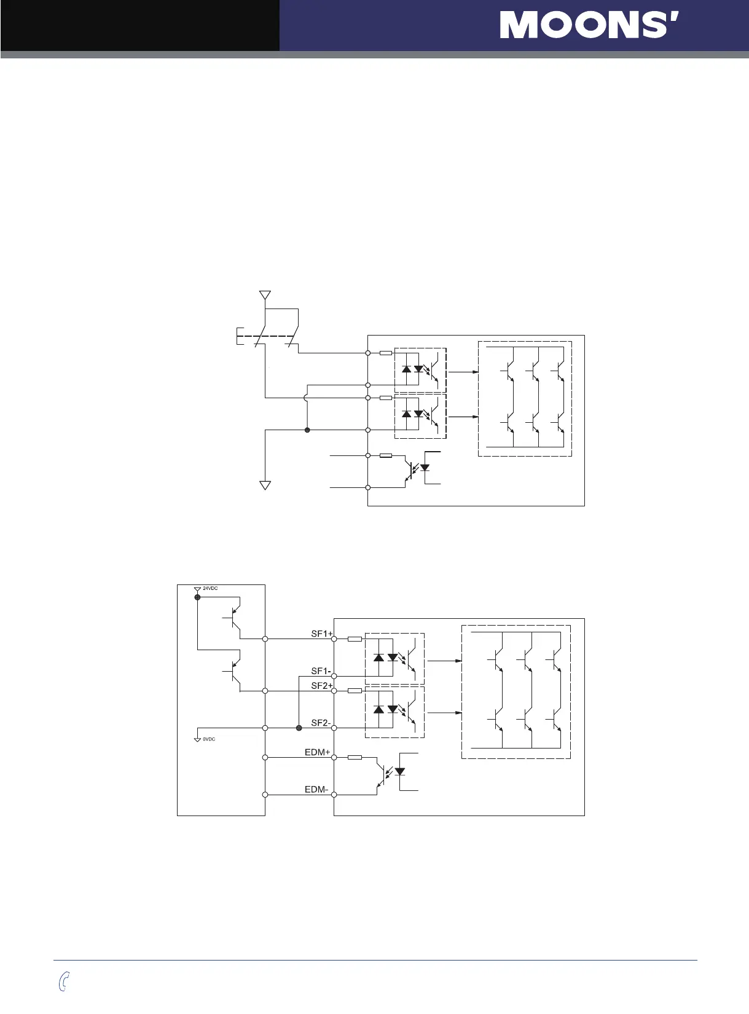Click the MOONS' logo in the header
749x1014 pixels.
coord(589,25)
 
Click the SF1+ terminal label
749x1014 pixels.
coord(321,634)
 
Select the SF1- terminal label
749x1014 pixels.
coord(321,671)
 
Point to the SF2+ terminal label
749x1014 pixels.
coord(321,686)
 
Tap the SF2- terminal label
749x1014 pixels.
coord(321,723)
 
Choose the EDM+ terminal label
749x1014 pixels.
coord(318,752)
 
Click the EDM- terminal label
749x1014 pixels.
coord(316,790)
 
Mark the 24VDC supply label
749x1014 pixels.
coord(210,589)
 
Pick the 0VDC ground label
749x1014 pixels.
coord(209,739)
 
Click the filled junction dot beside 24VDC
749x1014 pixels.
coord(197,597)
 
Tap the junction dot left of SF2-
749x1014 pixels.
coord(299,728)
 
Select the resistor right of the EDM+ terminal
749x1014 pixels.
coord(355,758)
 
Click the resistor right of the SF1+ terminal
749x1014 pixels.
coord(355,639)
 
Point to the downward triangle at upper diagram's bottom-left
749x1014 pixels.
coord(265,485)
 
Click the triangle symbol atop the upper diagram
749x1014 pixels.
coord(265,296)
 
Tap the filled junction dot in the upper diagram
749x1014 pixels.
coord(307,430)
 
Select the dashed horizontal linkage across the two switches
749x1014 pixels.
coord(270,336)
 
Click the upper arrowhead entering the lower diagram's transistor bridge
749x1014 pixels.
coord(458,661)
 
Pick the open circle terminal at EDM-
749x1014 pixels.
coord(334,795)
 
